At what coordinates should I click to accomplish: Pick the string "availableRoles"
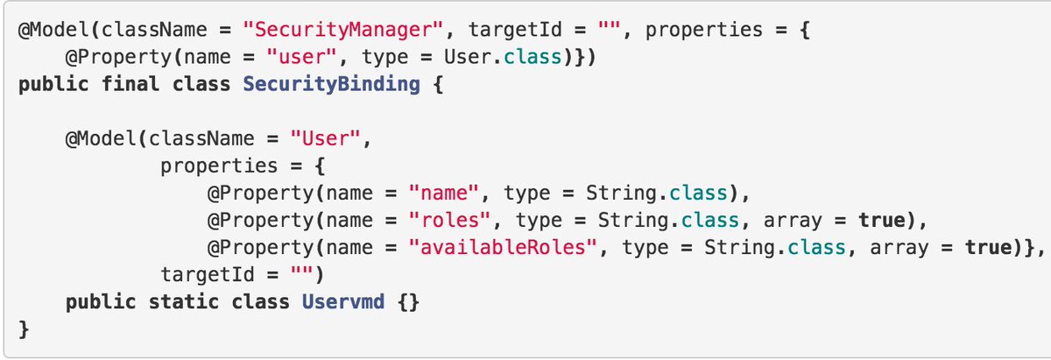(x=504, y=247)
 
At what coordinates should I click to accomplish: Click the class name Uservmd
(x=342, y=302)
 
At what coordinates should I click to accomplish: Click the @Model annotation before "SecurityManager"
(x=54, y=30)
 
